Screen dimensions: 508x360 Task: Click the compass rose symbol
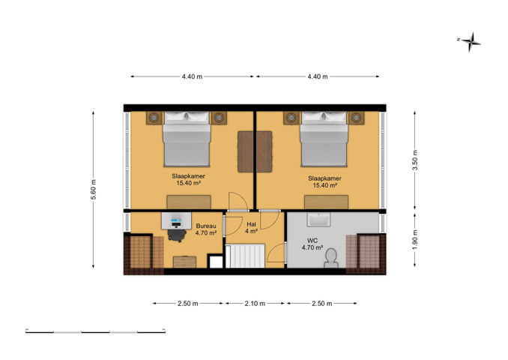[x=471, y=42]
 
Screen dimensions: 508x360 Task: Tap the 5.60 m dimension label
[x=94, y=190]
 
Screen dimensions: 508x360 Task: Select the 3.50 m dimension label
[x=415, y=160]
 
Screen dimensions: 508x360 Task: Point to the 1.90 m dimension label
[x=415, y=240]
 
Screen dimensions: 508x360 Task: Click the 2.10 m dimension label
[x=255, y=304]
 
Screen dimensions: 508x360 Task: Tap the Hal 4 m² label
[x=252, y=228]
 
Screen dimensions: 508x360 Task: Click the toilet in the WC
[x=331, y=259]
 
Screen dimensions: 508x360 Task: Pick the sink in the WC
[x=318, y=219]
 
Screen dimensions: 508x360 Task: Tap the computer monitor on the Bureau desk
[x=177, y=222]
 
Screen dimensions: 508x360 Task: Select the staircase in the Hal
[x=245, y=256]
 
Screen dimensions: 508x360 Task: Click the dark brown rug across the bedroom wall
[x=255, y=151]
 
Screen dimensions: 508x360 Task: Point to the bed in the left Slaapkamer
[x=187, y=139]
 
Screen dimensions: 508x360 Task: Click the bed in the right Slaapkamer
[x=324, y=139]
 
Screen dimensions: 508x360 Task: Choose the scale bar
[x=96, y=331]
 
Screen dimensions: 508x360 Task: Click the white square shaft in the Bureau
[x=216, y=262]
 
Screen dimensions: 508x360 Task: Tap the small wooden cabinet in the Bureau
[x=184, y=262]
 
